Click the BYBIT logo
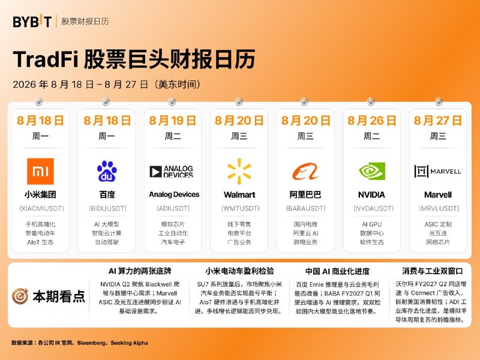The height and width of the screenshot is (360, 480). click(x=32, y=22)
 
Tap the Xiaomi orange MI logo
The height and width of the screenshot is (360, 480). click(x=40, y=172)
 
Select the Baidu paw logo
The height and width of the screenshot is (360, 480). click(x=107, y=171)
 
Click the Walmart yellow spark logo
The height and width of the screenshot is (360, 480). click(x=239, y=172)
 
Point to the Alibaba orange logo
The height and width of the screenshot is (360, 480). click(x=305, y=172)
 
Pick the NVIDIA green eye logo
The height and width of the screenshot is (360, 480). click(x=371, y=171)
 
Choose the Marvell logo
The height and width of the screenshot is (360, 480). click(x=438, y=172)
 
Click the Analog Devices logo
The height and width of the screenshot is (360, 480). click(x=172, y=172)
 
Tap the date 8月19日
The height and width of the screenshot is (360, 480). click(x=173, y=121)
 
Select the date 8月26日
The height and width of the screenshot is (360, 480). click(x=371, y=121)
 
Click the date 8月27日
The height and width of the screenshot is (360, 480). click(x=438, y=121)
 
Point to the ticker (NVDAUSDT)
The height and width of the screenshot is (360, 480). click(x=373, y=208)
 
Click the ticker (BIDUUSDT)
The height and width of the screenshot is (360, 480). click(x=107, y=208)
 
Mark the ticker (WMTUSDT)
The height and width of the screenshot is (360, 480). click(x=241, y=208)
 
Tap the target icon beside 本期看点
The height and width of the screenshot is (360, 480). click(x=20, y=296)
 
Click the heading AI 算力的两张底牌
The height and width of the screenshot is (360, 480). click(x=140, y=271)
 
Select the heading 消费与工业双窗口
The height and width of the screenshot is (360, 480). click(x=432, y=271)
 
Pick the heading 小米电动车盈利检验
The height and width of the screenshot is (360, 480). click(x=239, y=271)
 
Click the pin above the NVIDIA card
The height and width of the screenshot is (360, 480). click(x=371, y=101)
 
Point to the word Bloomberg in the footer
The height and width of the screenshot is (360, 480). click(x=91, y=343)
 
